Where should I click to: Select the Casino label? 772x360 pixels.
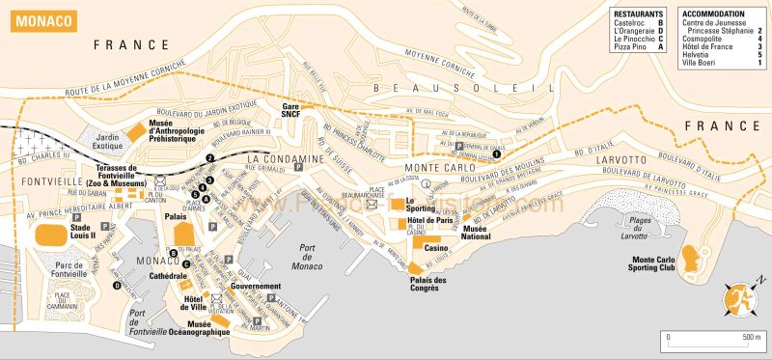tap(433, 248)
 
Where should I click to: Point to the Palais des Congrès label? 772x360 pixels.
tap(428, 285)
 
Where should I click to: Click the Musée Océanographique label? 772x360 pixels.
tap(208, 328)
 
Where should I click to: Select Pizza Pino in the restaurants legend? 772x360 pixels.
tap(635, 46)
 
